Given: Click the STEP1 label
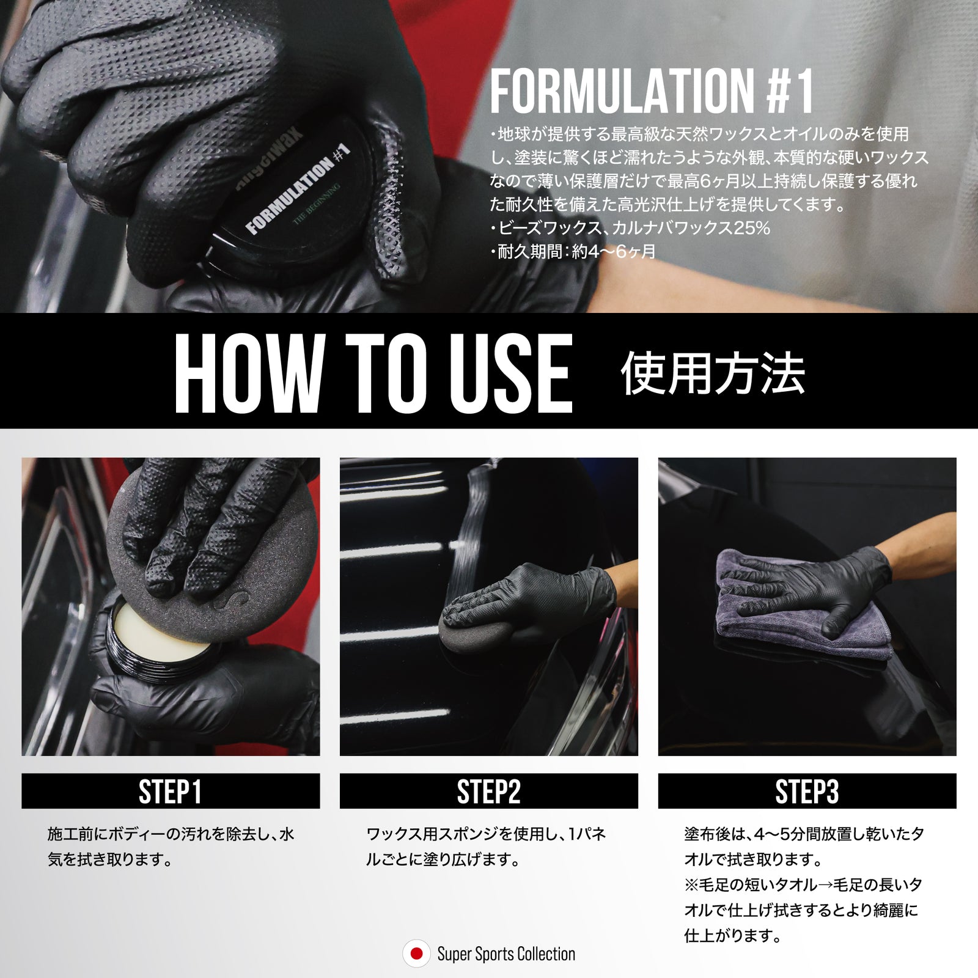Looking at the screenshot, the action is point(170,792).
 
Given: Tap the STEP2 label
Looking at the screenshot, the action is point(488,792).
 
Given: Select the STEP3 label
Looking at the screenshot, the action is point(807,792).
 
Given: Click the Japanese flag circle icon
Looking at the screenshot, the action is point(417,954).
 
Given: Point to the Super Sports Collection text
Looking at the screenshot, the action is point(506,954).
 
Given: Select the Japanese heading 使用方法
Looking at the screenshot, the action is point(712,373).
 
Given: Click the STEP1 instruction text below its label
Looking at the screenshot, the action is point(171,847).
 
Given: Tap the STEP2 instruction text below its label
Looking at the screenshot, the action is point(486,847).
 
